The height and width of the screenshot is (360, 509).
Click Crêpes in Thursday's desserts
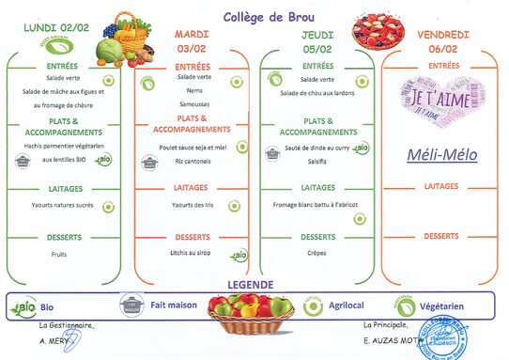pyautogui.click(x=318, y=253)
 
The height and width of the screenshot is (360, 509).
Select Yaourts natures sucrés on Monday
pyautogui.click(x=62, y=205)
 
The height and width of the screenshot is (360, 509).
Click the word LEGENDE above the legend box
pyautogui.click(x=250, y=285)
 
